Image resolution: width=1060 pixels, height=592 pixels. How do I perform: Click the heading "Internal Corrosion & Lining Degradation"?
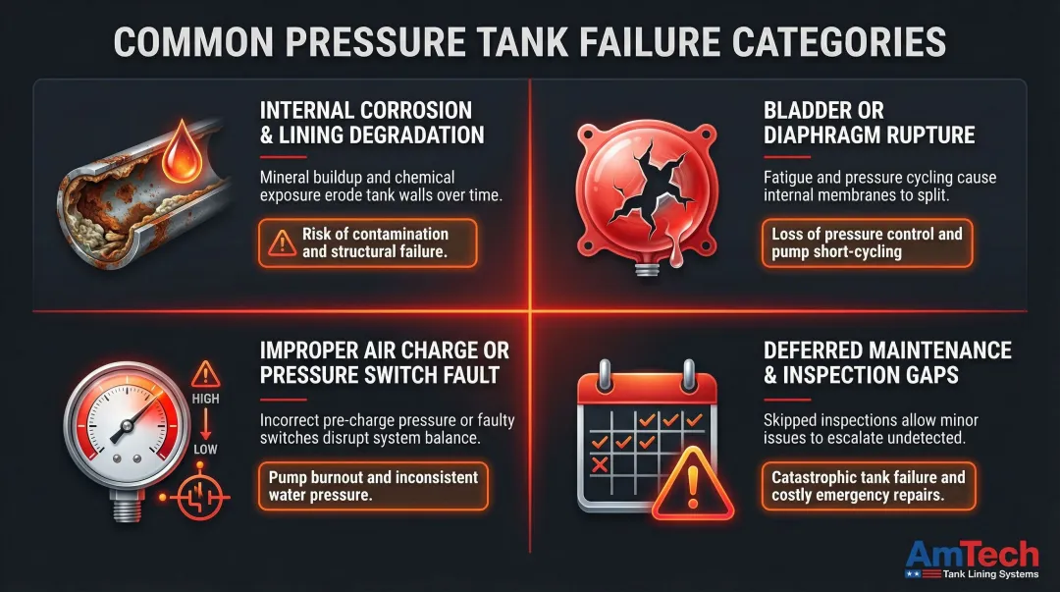click(x=365, y=123)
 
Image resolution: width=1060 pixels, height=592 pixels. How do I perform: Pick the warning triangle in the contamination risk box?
click(x=283, y=243)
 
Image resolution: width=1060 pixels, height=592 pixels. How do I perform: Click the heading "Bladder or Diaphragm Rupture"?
click(x=869, y=123)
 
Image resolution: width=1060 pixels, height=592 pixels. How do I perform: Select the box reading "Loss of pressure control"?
click(x=868, y=243)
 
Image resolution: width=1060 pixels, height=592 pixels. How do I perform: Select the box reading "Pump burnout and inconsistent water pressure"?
click(x=374, y=486)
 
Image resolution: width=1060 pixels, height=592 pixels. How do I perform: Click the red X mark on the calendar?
click(x=601, y=463)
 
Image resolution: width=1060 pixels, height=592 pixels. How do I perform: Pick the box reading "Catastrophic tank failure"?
click(x=868, y=486)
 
